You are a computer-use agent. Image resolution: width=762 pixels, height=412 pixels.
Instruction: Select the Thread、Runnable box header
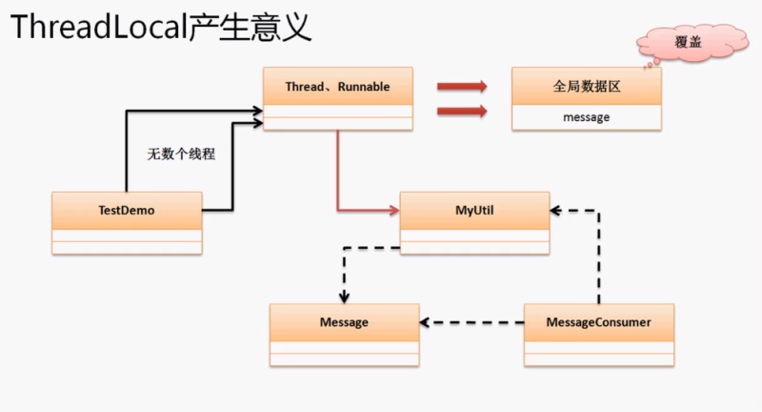[x=338, y=86]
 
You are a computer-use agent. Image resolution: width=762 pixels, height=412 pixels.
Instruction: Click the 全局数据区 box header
[x=586, y=86]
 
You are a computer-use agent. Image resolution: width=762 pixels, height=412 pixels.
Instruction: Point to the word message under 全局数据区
[x=586, y=117]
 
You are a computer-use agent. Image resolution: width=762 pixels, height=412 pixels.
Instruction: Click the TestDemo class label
[x=127, y=210]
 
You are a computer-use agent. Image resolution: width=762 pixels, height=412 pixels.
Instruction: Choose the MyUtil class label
[x=474, y=210]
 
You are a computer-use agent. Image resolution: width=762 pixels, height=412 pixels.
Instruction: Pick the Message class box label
[x=344, y=322]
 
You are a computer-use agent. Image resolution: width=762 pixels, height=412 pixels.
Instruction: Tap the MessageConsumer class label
[x=599, y=322]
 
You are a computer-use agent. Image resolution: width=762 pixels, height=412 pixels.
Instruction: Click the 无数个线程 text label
[x=181, y=153]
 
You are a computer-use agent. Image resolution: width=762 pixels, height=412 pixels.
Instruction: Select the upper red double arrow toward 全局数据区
[x=462, y=87]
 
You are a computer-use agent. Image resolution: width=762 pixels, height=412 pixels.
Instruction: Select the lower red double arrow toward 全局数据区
[x=462, y=112]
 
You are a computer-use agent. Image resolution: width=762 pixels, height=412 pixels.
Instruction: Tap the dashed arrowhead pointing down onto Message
[x=344, y=297]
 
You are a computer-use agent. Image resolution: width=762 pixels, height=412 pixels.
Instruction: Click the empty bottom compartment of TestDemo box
[x=127, y=247]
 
